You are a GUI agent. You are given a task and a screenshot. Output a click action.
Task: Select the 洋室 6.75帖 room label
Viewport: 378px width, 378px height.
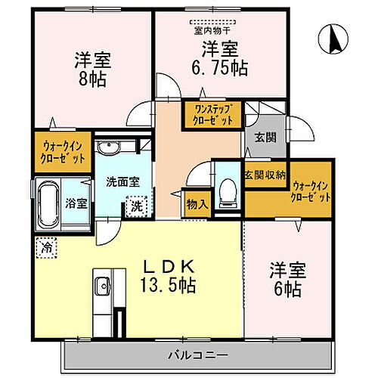coord(220,57)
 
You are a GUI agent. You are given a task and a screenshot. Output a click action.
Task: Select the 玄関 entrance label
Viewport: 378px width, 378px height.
coord(265,138)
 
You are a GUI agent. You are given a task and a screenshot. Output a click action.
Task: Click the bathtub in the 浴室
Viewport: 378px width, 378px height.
coord(46,202)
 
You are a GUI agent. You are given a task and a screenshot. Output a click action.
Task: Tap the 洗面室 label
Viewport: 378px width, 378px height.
coord(120,182)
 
